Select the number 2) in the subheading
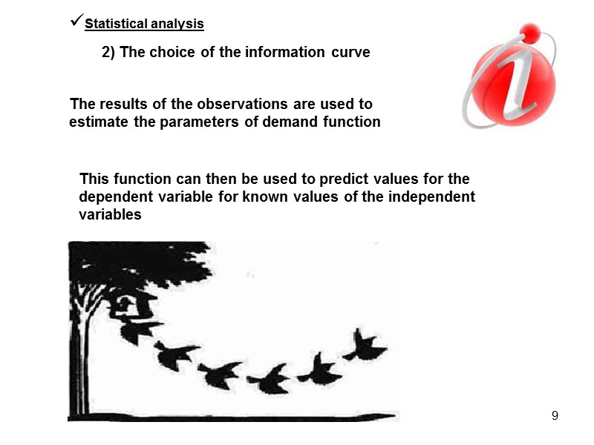tap(108, 53)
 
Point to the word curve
tap(350, 53)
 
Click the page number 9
tap(555, 415)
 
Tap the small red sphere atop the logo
tap(529, 32)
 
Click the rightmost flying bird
tap(364, 346)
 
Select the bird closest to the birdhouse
tap(139, 330)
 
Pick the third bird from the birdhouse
tap(221, 375)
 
